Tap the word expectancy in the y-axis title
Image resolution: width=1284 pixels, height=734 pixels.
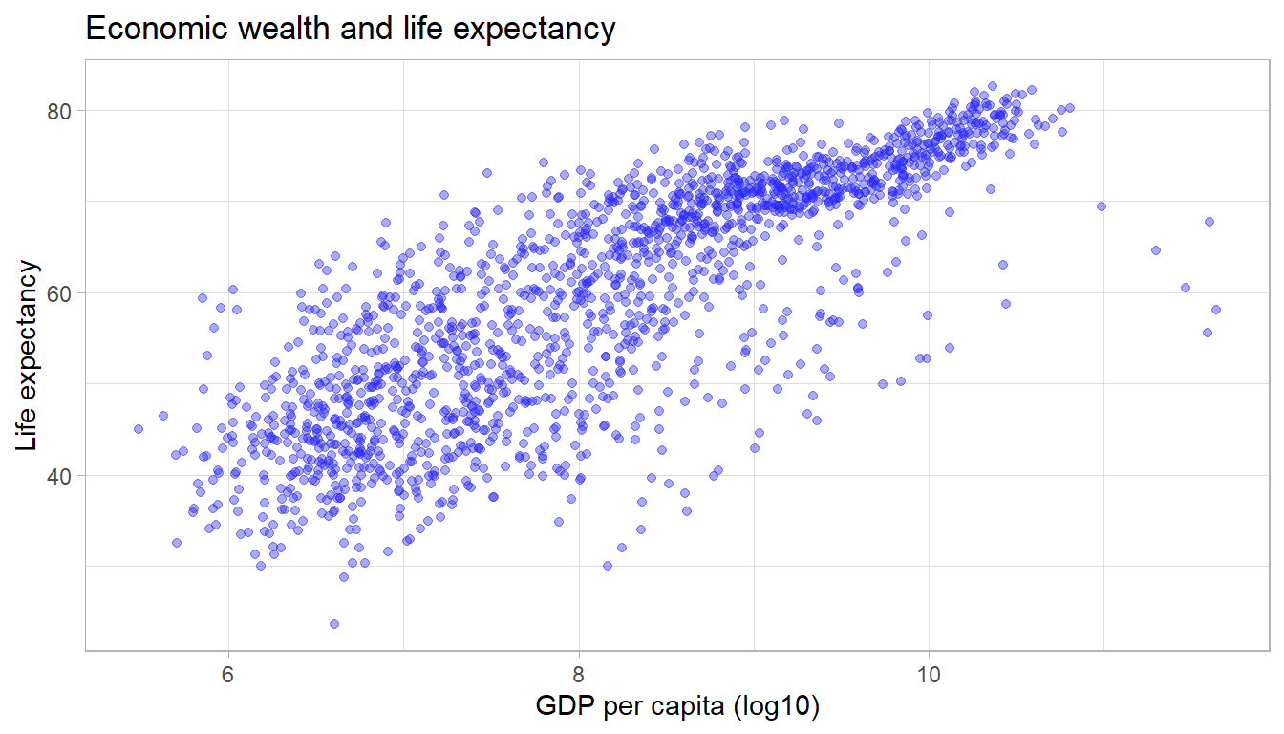[x=30, y=331]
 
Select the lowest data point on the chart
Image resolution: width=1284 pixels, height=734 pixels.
[x=334, y=624]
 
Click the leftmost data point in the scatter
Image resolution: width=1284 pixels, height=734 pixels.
[x=139, y=429]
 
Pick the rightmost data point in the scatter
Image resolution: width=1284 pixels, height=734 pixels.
[x=1216, y=310]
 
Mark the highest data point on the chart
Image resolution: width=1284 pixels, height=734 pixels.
[x=993, y=86]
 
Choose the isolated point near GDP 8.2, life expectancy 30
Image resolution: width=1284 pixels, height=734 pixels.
[x=608, y=566]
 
